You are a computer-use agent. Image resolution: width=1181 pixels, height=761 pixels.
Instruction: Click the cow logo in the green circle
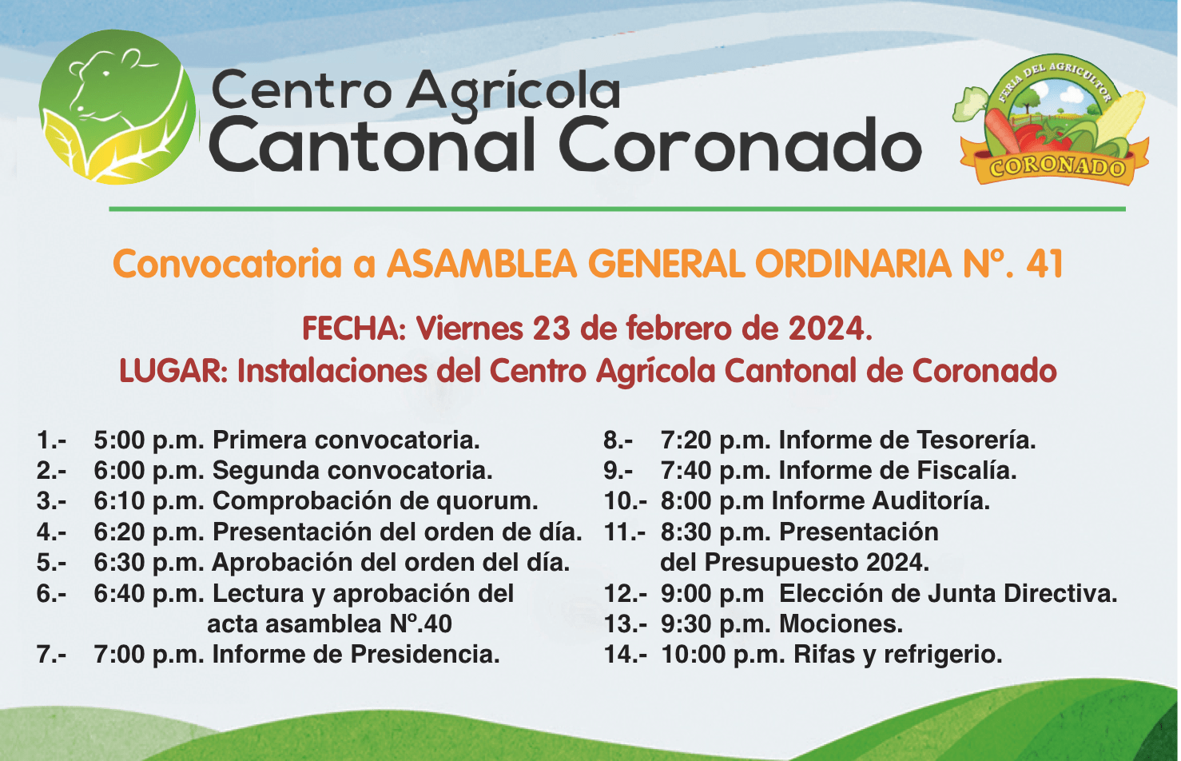tap(117, 107)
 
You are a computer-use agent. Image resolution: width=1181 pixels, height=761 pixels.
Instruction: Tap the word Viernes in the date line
tap(469, 328)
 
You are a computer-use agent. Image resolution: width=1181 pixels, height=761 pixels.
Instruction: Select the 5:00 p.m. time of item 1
tap(149, 440)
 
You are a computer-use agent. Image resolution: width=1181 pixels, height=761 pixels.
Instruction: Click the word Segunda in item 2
tap(266, 470)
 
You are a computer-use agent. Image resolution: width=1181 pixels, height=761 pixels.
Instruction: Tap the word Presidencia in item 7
tap(425, 655)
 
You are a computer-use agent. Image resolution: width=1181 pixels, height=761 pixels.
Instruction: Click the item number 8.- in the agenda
tap(618, 440)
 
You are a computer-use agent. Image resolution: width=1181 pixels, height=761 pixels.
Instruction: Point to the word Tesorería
tap(976, 440)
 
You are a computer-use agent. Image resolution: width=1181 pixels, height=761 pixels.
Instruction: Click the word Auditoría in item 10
tap(931, 501)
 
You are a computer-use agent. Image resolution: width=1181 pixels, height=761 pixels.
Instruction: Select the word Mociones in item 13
tap(841, 624)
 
